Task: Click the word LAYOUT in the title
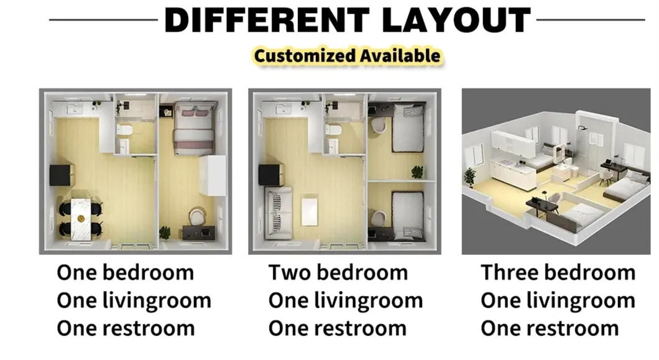pos(455,20)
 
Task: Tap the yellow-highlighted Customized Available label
pos(347,55)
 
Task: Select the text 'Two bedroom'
pos(338,272)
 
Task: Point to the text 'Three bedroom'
pos(558,272)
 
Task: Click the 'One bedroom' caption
pos(125,272)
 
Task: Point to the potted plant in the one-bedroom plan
pos(165,233)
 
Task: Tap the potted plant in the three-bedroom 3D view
pos(471,176)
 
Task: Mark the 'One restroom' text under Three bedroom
pos(550,328)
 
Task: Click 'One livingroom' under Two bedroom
pos(345,300)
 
